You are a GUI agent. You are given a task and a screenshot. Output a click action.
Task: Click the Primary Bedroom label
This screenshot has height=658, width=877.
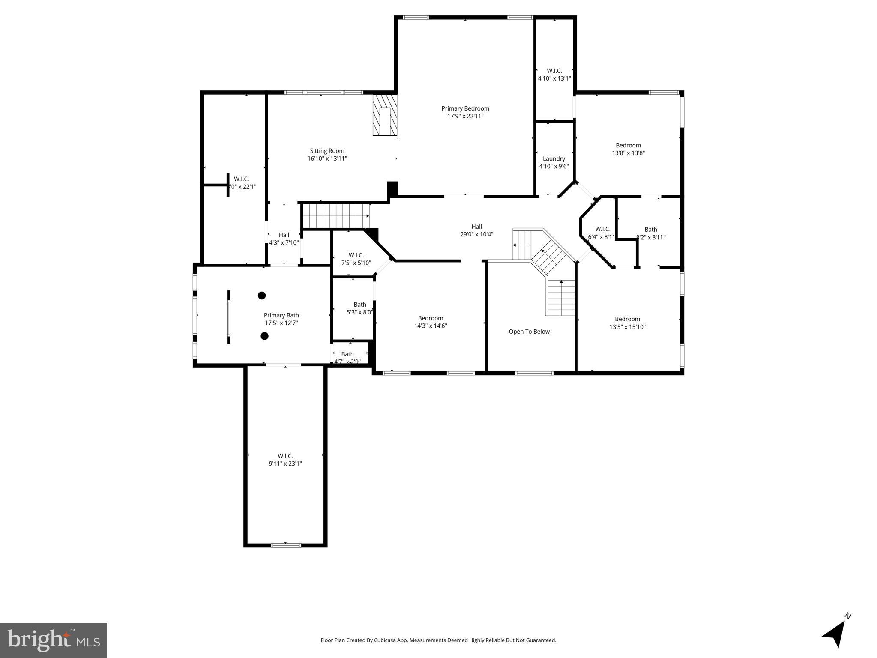[465, 108]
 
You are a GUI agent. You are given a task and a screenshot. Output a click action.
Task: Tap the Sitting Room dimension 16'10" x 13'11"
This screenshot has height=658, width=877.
[327, 159]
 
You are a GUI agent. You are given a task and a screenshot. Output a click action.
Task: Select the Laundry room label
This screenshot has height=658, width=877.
[554, 159]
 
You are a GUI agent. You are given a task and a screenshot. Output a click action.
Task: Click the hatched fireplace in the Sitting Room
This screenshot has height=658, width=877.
[385, 115]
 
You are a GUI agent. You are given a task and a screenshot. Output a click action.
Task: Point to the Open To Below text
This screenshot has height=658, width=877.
[529, 332]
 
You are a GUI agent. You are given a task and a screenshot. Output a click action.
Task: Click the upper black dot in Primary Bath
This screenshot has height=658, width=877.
[262, 296]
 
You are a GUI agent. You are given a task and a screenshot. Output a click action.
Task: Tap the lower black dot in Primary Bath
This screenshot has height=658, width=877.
[265, 336]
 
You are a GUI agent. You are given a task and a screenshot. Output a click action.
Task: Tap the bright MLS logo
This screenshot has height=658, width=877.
[54, 640]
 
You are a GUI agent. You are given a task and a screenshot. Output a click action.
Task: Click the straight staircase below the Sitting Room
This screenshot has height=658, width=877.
[335, 216]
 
